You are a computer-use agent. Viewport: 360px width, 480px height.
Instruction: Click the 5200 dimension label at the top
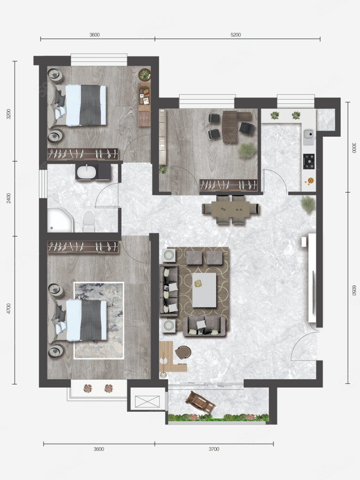pos(235,35)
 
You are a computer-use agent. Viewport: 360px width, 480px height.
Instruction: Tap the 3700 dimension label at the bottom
pos(214,449)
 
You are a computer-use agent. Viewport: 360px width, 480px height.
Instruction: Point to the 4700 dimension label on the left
pos(9,308)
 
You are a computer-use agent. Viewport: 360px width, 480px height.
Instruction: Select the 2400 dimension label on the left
pos(9,198)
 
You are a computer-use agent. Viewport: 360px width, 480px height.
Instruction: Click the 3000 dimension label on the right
pos(354,148)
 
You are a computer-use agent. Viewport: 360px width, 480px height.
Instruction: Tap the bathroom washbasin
pos(87,172)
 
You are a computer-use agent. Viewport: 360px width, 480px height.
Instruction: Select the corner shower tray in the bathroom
pos(60,220)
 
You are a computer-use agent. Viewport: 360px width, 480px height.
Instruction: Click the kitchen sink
pos(309,137)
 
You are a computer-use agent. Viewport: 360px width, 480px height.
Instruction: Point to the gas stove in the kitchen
pos(309,161)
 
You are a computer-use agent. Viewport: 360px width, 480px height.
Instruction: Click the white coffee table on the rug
pos(204,290)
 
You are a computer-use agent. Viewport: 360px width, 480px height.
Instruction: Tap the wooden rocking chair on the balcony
pos(201,402)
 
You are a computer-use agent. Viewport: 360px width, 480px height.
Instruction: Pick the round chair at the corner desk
pos(183,352)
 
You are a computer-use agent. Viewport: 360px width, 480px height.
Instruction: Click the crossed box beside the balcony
pos(147,401)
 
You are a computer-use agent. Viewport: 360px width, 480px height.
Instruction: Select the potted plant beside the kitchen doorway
pos(308,204)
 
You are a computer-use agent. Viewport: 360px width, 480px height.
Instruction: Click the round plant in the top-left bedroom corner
pos(145,75)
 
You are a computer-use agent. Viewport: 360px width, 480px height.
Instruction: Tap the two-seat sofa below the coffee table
pos(204,326)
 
